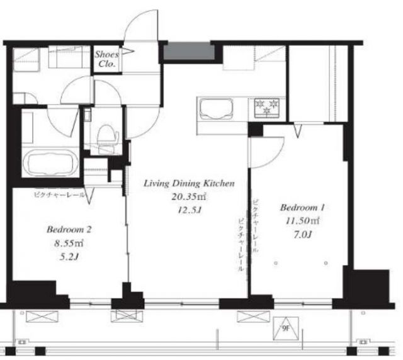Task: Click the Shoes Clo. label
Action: pyautogui.click(x=107, y=59)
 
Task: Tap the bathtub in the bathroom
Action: pyautogui.click(x=50, y=162)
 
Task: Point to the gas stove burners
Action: pyautogui.click(x=266, y=108)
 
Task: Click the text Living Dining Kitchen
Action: pyautogui.click(x=189, y=184)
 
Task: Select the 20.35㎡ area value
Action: pyautogui.click(x=189, y=197)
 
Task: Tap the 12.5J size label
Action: pyautogui.click(x=190, y=210)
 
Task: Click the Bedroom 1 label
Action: pyautogui.click(x=302, y=207)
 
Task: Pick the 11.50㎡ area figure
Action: pyautogui.click(x=302, y=221)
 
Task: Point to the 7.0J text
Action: pyautogui.click(x=303, y=234)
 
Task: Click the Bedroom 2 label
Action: pyautogui.click(x=69, y=230)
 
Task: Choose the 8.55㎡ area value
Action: pyautogui.click(x=69, y=243)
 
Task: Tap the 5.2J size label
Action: pyautogui.click(x=69, y=256)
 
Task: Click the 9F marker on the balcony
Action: pyautogui.click(x=285, y=329)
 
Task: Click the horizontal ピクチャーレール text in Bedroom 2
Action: pyautogui.click(x=59, y=194)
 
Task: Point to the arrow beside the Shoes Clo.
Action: pyautogui.click(x=127, y=52)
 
